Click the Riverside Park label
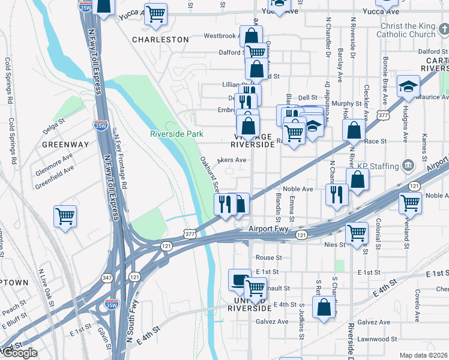(x=176, y=134)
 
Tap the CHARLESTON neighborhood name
(x=160, y=40)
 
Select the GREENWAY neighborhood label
(x=65, y=145)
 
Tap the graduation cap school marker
(x=408, y=87)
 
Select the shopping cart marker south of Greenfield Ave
(x=65, y=216)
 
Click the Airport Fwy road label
(x=269, y=229)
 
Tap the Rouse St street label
(x=268, y=257)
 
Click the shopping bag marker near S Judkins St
(x=324, y=307)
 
